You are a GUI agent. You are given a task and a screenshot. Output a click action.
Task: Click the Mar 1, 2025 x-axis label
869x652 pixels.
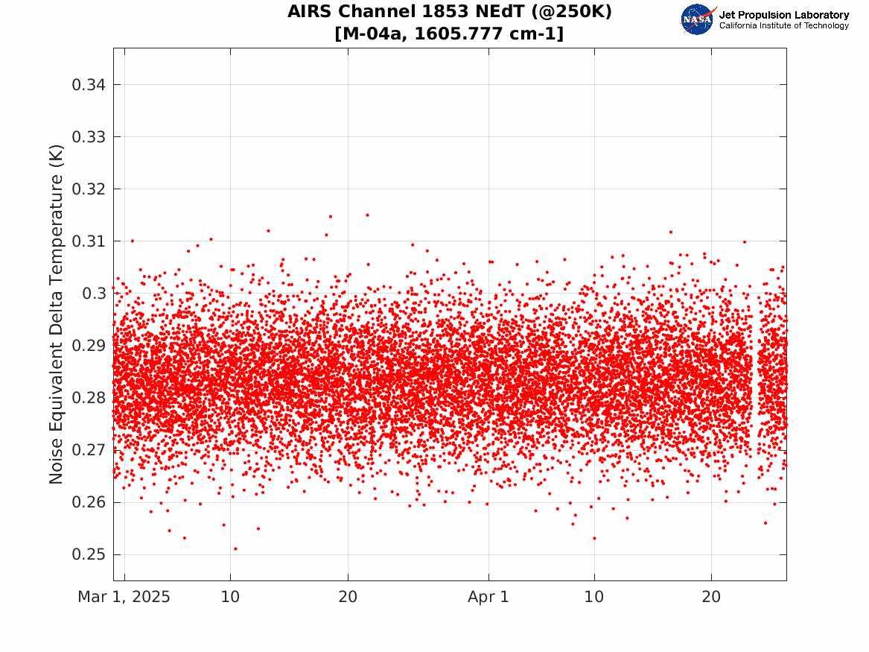[x=124, y=598]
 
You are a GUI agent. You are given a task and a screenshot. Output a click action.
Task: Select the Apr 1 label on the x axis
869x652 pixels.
[x=488, y=598]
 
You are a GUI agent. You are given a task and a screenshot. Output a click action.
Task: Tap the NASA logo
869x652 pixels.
[x=698, y=19]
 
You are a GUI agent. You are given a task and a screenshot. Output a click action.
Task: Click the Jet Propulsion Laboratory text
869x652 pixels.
[x=783, y=15]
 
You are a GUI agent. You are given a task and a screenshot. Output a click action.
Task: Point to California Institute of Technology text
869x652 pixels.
[x=783, y=26]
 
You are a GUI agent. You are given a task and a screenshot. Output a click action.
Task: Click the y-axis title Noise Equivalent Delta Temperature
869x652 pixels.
[x=57, y=314]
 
